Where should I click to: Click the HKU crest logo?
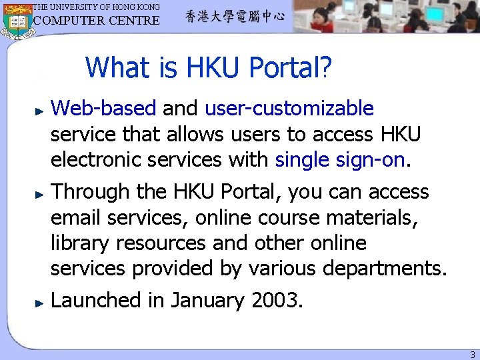pyautogui.click(x=17, y=20)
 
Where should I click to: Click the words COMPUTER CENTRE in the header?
pyautogui.click(x=97, y=21)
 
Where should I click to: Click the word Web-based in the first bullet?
pyautogui.click(x=103, y=108)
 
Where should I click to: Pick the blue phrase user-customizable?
pyautogui.click(x=289, y=108)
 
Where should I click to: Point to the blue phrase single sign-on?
pyautogui.click(x=339, y=160)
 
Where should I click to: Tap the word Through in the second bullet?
pyautogui.click(x=92, y=192)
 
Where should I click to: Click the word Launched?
pyautogui.click(x=97, y=301)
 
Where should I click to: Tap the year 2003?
pyautogui.click(x=275, y=301)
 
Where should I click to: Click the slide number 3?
pyautogui.click(x=472, y=355)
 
